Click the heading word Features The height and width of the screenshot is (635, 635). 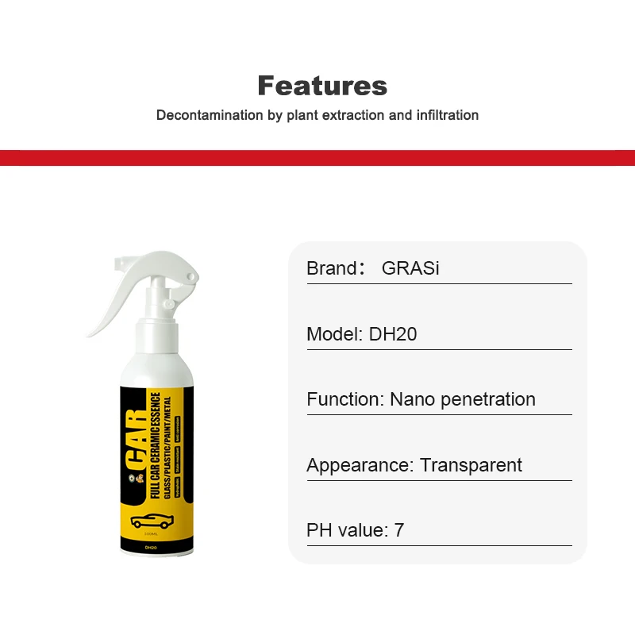322,86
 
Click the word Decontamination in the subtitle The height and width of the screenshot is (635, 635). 210,115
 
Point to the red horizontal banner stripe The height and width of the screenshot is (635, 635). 317,157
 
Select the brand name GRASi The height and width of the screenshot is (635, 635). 410,268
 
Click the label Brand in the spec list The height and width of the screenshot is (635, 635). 332,268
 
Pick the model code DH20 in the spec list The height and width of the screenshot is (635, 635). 393,334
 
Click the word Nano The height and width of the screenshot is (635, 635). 411,399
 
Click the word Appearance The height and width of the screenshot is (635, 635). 358,465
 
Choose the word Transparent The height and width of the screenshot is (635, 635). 471,465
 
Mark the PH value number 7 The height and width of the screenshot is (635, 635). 399,530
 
